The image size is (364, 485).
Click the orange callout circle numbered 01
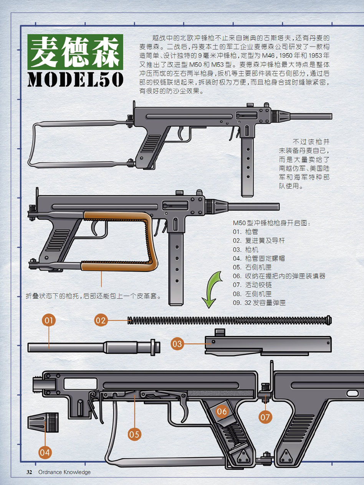pyautogui.click(x=49, y=321)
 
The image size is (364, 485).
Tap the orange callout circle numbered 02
pyautogui.click(x=101, y=321)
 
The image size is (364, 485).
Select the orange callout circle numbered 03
pyautogui.click(x=177, y=344)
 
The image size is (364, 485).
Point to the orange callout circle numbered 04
pyautogui.click(x=45, y=452)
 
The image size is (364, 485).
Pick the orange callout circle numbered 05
pyautogui.click(x=134, y=434)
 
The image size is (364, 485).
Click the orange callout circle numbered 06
pyautogui.click(x=222, y=411)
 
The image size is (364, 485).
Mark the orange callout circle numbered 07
pyautogui.click(x=265, y=417)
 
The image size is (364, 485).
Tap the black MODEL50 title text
pyautogui.click(x=76, y=79)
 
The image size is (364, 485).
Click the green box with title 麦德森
pyautogui.click(x=75, y=52)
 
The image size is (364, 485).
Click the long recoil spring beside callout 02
pyautogui.click(x=230, y=320)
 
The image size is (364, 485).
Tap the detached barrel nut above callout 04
pyautogui.click(x=43, y=423)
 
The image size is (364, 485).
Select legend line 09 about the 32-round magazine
pyautogui.click(x=259, y=303)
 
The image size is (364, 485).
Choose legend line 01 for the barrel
pyautogui.click(x=245, y=232)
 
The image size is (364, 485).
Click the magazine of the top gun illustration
pyautogui.click(x=247, y=167)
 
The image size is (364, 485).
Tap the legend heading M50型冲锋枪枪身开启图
pyautogui.click(x=271, y=223)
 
